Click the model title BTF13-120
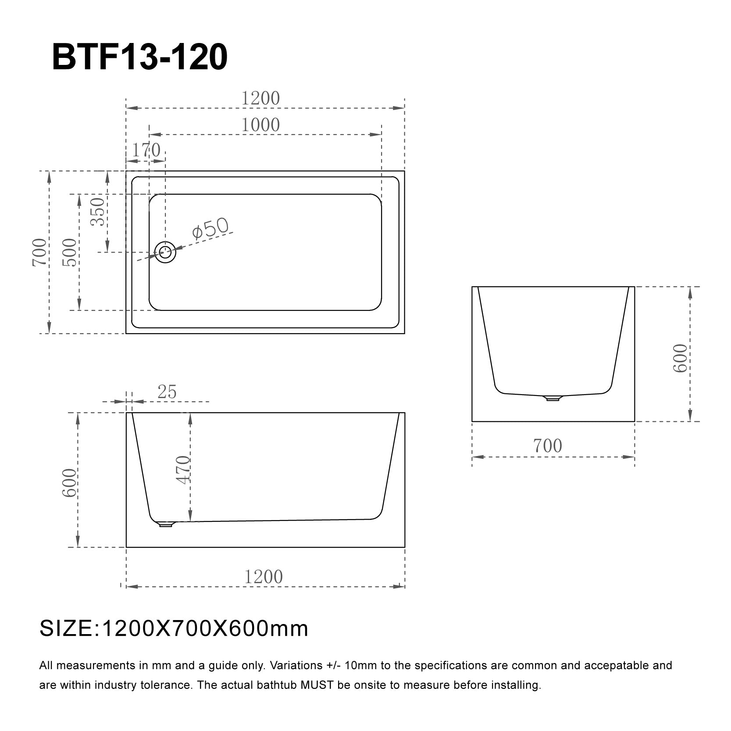139,57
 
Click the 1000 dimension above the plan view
260,125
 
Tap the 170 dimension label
146,151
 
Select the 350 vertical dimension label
98,212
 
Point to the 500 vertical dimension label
69,253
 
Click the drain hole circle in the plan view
165,252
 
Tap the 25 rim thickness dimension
167,392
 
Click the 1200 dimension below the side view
263,577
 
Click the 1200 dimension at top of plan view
260,98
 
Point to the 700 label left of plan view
39,253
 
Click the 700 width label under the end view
547,446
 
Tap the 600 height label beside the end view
680,358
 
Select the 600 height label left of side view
69,483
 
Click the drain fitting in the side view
165,524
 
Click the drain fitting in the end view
553,398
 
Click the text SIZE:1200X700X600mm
174,629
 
